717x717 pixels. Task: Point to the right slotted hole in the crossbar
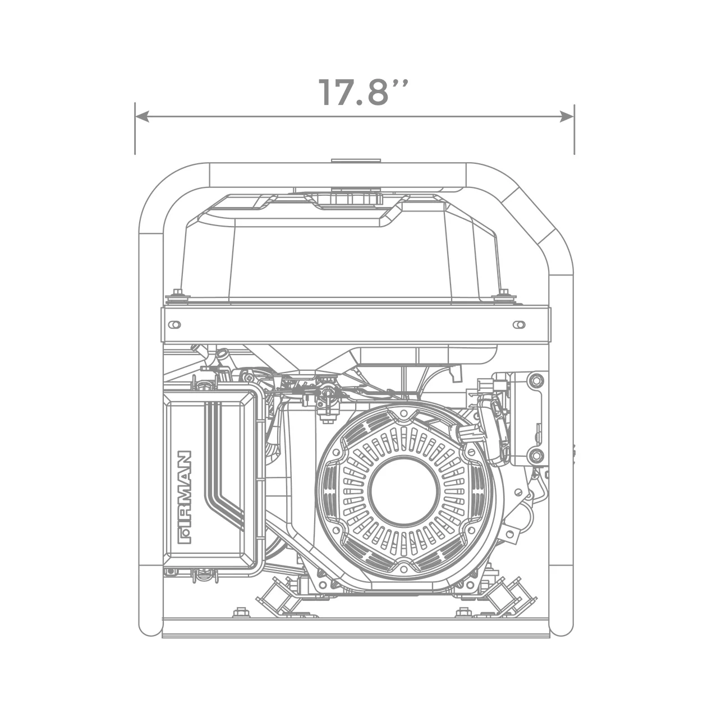tap(520, 325)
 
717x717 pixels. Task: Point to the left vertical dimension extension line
tap(135, 128)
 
